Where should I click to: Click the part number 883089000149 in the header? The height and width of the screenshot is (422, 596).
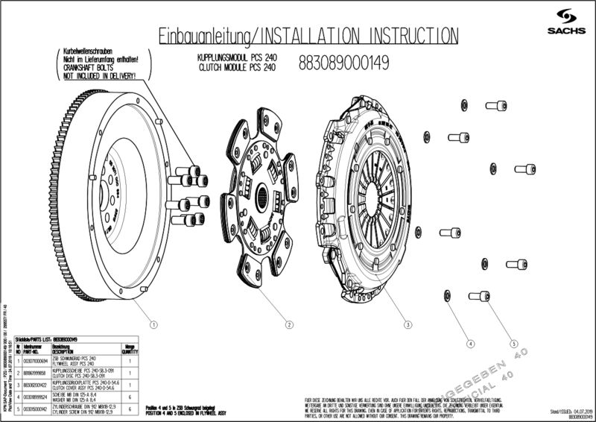tap(343, 63)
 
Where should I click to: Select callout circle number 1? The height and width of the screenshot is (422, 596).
tap(153, 324)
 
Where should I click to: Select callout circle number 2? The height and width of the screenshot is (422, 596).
tap(288, 324)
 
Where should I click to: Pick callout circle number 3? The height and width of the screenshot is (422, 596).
tap(408, 324)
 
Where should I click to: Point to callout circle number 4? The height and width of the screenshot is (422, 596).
tap(470, 344)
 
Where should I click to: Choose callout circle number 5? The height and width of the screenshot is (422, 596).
tap(514, 344)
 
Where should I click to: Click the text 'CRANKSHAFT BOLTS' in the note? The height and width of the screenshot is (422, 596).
tap(83, 67)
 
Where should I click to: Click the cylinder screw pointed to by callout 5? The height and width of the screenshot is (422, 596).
tap(480, 296)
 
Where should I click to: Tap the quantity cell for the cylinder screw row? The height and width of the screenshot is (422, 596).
tap(130, 408)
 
